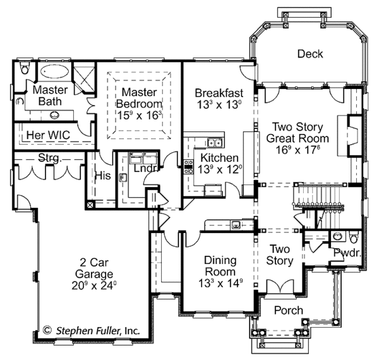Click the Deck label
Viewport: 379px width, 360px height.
pyautogui.click(x=310, y=54)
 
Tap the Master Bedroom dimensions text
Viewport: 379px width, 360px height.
pyautogui.click(x=140, y=115)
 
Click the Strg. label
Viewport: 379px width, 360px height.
pyautogui.click(x=50, y=158)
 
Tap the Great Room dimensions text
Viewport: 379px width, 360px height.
pyautogui.click(x=297, y=151)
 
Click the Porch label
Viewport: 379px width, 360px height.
pyautogui.click(x=288, y=311)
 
